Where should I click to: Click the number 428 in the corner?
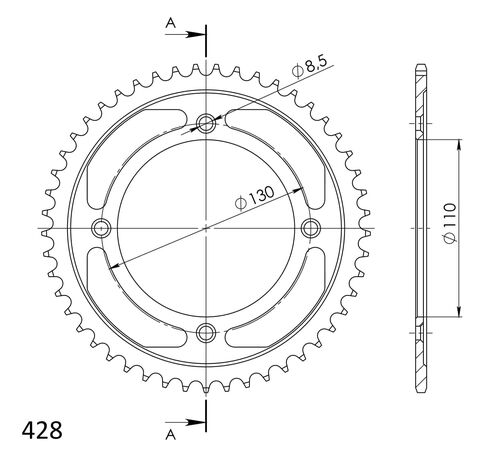point(40,432)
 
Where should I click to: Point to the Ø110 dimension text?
point(450,228)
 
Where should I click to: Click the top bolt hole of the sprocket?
point(206,124)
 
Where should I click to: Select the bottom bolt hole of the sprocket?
point(206,332)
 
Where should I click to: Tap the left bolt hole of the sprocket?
point(102,228)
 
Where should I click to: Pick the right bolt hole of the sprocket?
point(310,228)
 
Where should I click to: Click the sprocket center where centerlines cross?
point(206,228)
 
